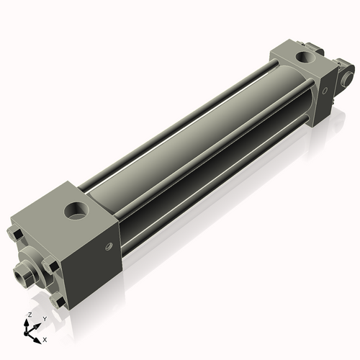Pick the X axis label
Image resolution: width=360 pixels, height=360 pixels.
pyautogui.click(x=45, y=338)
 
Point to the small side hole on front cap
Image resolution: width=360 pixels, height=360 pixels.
pyautogui.click(x=109, y=247)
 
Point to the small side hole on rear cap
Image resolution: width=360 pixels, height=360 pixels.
pyautogui.click(x=325, y=90)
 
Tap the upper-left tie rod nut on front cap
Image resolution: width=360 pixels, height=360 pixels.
pyautogui.click(x=14, y=234)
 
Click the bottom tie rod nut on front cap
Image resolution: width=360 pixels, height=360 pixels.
pyautogui.click(x=60, y=301)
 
